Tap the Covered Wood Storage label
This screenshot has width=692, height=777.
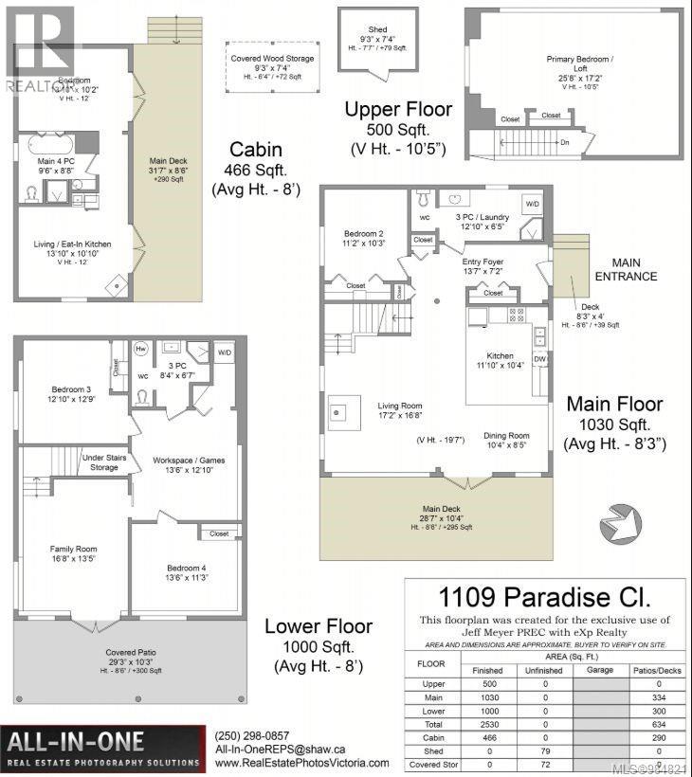click(272, 57)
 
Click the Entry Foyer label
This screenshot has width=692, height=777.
click(483, 261)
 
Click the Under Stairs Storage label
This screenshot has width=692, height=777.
click(104, 461)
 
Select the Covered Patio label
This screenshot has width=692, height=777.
click(129, 653)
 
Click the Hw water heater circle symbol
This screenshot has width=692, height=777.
click(140, 348)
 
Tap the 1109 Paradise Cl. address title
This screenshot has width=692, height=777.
click(543, 598)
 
